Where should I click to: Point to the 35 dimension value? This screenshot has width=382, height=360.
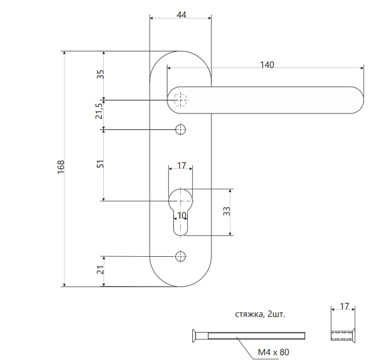pyautogui.click(x=99, y=75)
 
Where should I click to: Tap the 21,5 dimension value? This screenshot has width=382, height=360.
pyautogui.click(x=99, y=112)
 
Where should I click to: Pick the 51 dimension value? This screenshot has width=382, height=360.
pyautogui.click(x=99, y=164)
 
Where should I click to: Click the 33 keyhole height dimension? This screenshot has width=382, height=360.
pyautogui.click(x=226, y=212)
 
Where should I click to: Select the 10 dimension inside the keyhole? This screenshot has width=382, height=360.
pyautogui.click(x=182, y=216)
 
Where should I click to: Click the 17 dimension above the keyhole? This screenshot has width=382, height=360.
pyautogui.click(x=181, y=166)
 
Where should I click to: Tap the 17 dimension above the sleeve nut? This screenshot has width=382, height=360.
pyautogui.click(x=344, y=307)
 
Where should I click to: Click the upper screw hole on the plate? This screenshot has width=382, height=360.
pyautogui.click(x=181, y=129)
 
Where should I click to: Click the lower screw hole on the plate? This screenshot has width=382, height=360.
pyautogui.click(x=181, y=256)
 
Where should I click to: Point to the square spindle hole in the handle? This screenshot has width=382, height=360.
pyautogui.click(x=181, y=100)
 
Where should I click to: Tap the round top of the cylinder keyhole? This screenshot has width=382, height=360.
pyautogui.click(x=181, y=198)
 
